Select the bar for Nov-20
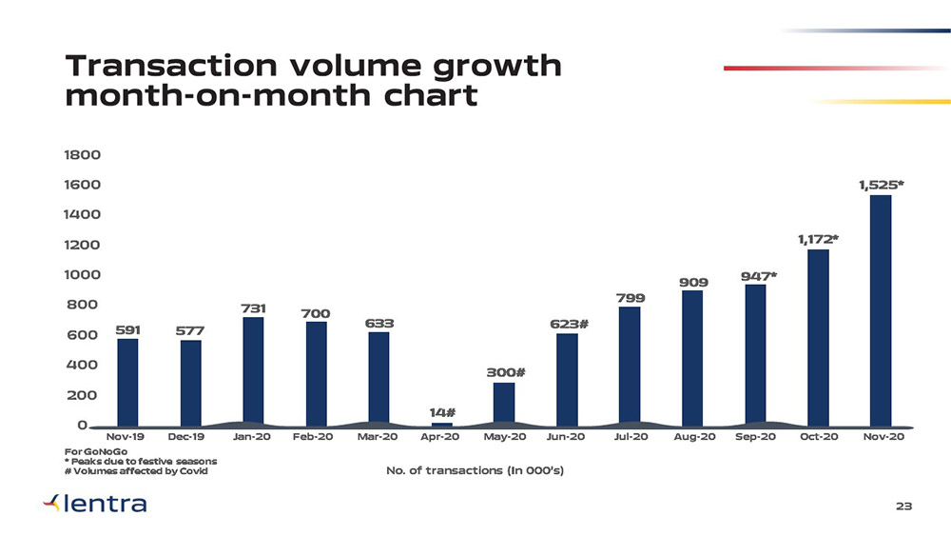click(880, 309)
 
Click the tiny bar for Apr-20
click(441, 424)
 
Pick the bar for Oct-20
click(818, 336)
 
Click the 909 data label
click(693, 283)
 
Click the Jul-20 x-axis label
click(631, 437)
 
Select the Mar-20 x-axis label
click(378, 437)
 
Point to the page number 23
click(904, 507)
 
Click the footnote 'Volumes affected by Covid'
click(134, 471)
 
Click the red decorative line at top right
click(837, 68)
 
